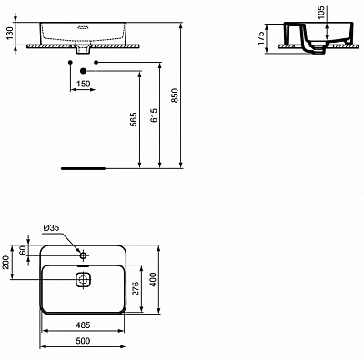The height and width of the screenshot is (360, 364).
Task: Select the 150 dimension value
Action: coord(83,84)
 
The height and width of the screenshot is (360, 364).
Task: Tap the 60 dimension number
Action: coord(25,251)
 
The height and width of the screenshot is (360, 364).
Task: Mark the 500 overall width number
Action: coord(83,342)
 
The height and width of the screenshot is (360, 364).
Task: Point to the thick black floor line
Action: coord(83,168)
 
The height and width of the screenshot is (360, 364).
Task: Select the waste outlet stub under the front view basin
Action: coord(83,49)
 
